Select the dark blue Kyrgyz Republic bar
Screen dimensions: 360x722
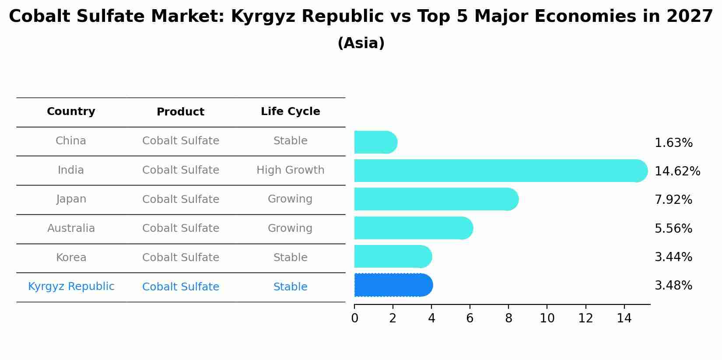pos(393,285)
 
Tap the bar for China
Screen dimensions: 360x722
pos(375,142)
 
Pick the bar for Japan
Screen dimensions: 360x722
pos(436,199)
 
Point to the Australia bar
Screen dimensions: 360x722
pos(413,228)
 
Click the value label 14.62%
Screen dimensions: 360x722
pos(677,171)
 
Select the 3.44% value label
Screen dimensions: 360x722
pos(673,257)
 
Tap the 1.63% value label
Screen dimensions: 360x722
pos(673,143)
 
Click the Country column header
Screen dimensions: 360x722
pos(71,112)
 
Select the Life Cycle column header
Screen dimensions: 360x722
pos(290,112)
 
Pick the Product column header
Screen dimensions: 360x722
pos(180,112)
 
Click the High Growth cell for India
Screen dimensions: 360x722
pos(290,170)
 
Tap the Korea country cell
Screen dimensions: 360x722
pos(71,258)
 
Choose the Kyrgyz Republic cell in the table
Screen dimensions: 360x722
pos(71,287)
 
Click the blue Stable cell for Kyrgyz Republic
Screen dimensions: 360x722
pos(290,287)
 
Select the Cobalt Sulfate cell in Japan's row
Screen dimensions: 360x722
pos(180,199)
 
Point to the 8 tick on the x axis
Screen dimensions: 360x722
pos(508,318)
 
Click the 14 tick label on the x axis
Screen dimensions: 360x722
pos(624,318)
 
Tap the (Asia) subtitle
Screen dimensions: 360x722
pos(361,43)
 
